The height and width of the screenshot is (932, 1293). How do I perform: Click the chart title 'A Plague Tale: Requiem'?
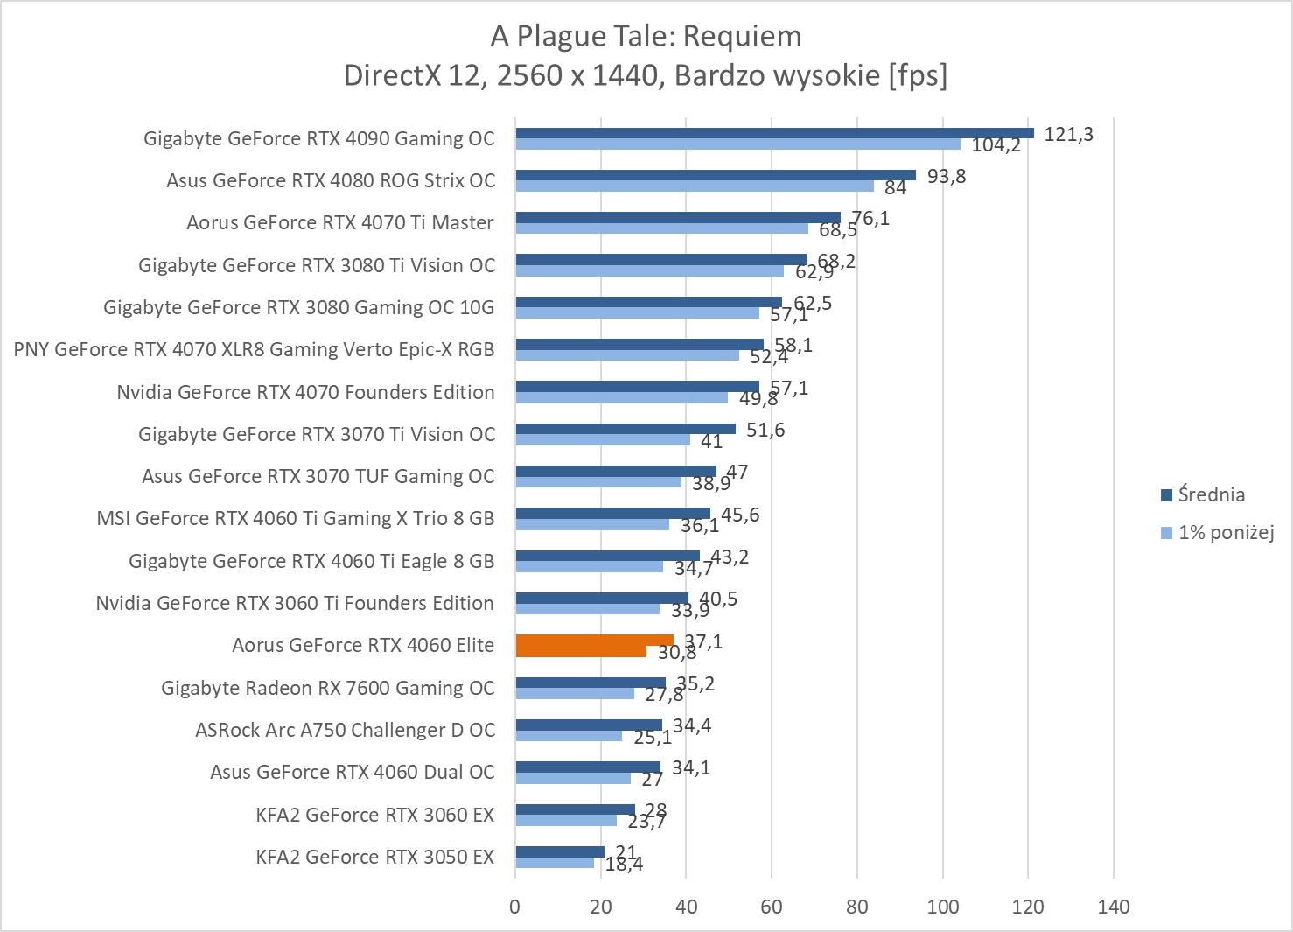point(646,36)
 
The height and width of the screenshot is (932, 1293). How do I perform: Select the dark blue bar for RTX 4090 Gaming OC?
point(774,133)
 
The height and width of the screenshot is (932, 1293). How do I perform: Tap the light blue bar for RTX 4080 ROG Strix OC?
point(695,186)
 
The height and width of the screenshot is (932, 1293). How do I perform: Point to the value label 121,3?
point(1068,134)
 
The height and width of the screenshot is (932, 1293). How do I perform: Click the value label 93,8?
point(947,176)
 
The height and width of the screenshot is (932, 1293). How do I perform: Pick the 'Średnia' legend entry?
point(1211,494)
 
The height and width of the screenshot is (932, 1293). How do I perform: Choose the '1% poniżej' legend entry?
point(1225,531)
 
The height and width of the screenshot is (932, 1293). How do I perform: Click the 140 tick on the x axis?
point(1114,907)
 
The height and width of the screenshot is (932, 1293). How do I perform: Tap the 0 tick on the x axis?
point(514,907)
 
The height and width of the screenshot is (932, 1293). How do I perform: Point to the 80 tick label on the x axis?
point(857,907)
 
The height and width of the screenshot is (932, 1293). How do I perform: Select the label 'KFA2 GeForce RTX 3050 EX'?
point(374,857)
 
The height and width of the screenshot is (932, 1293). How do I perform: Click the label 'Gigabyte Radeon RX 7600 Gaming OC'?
point(327,688)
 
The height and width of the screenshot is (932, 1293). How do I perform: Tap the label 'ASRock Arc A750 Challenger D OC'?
point(345,730)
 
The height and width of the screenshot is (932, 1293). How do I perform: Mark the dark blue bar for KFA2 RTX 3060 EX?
point(575,809)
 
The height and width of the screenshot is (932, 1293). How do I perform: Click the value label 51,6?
point(765,430)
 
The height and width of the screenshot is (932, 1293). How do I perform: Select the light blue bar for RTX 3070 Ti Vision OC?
point(603,439)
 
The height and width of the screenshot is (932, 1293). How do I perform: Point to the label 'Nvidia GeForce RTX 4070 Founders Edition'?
point(305,392)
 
